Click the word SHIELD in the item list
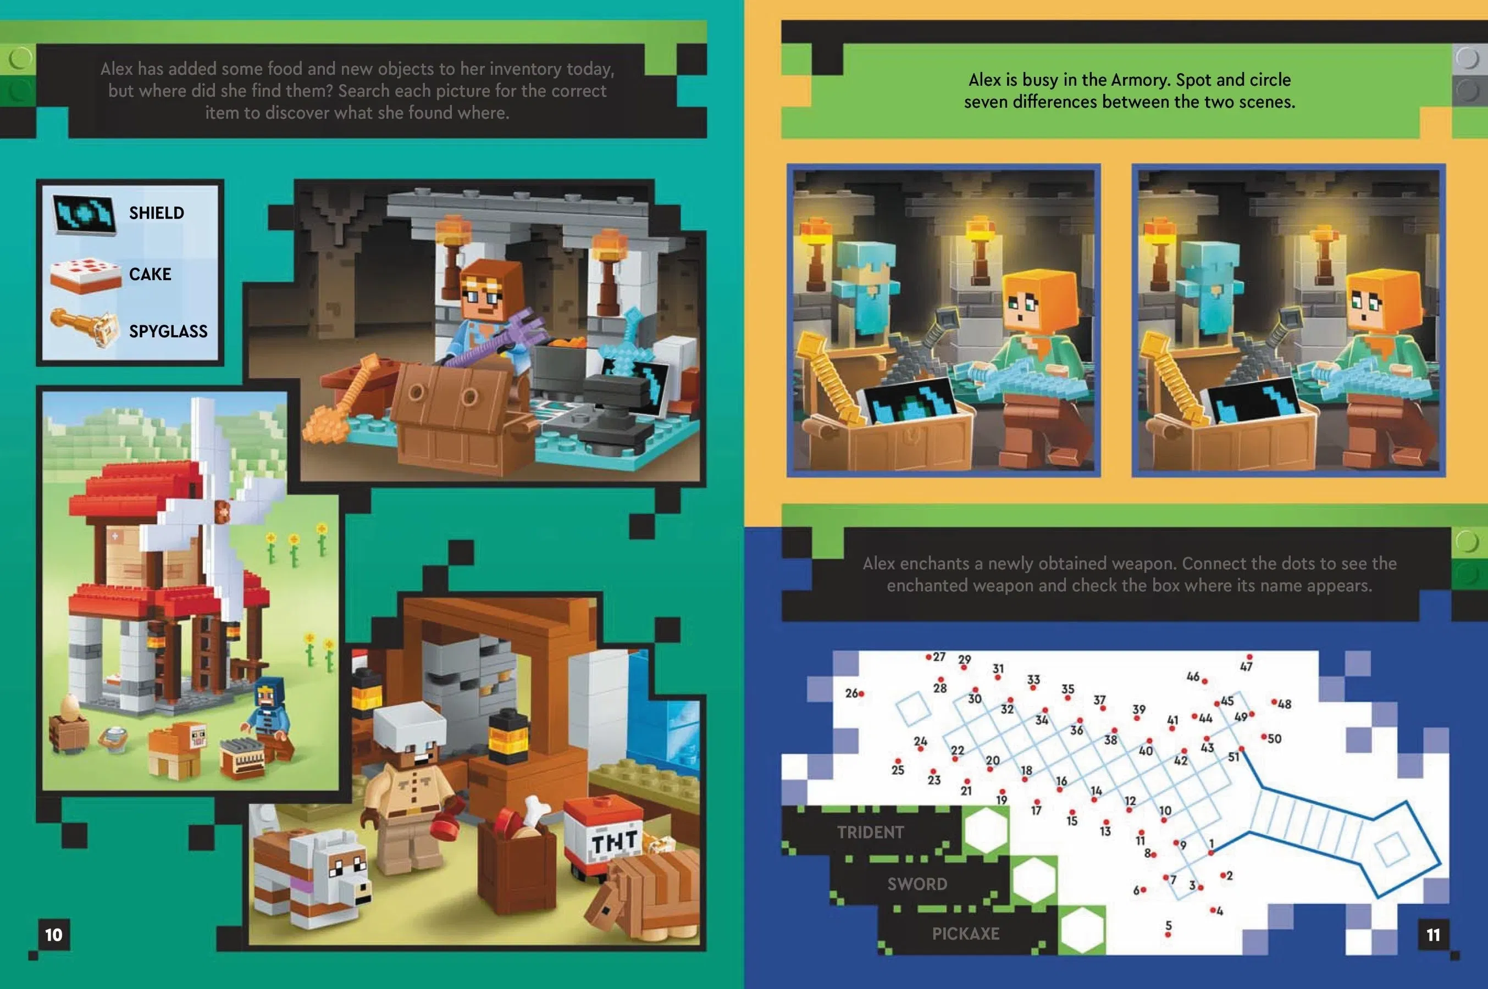click(157, 213)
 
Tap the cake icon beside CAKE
click(85, 276)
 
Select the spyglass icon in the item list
click(85, 327)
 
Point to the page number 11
click(1433, 935)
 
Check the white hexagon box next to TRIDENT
click(986, 830)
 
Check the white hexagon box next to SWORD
click(1035, 880)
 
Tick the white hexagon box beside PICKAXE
click(1082, 930)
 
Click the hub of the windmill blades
click(222, 512)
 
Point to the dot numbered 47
click(1249, 657)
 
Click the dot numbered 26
click(861, 694)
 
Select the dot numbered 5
click(1168, 935)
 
